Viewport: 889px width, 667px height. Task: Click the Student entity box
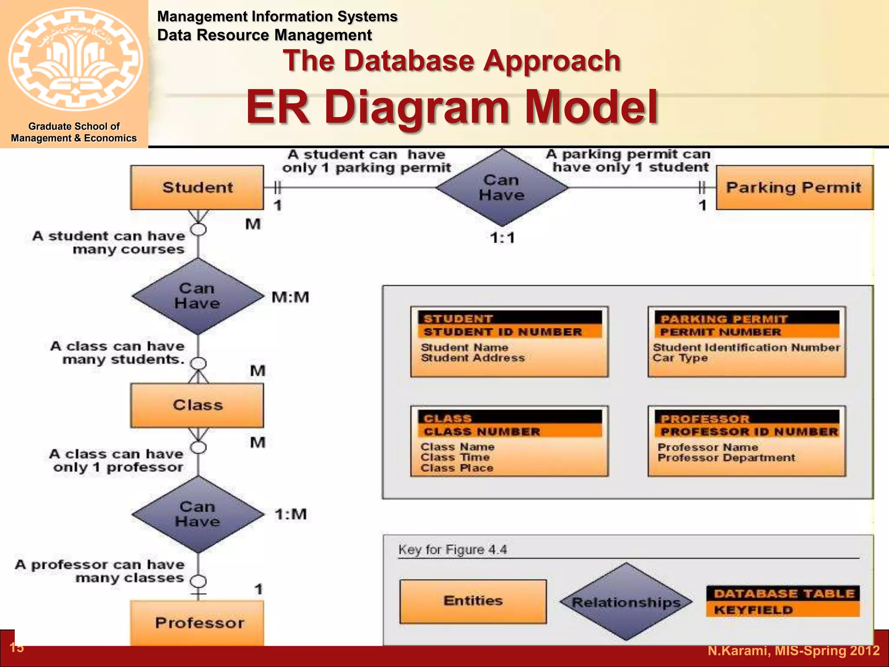point(197,188)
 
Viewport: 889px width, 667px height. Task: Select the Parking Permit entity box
point(794,188)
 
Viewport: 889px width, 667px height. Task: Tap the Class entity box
point(197,405)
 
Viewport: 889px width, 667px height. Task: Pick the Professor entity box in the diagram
point(198,622)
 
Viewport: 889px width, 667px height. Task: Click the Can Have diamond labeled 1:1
point(502,188)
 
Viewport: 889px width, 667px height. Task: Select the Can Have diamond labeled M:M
point(198,296)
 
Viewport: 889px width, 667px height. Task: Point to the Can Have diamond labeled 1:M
point(198,514)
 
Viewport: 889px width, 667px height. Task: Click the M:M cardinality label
point(290,297)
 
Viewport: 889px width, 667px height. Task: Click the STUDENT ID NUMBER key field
point(503,332)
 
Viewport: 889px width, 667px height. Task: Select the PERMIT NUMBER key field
point(721,332)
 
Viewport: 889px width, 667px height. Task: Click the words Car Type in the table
point(680,358)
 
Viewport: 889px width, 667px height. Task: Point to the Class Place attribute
point(457,468)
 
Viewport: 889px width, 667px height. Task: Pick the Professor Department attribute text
point(726,458)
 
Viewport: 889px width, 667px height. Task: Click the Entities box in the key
point(473,601)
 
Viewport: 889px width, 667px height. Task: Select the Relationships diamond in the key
point(626,602)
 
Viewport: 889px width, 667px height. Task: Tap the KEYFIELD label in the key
point(753,610)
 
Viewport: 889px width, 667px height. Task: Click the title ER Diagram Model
point(452,107)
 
